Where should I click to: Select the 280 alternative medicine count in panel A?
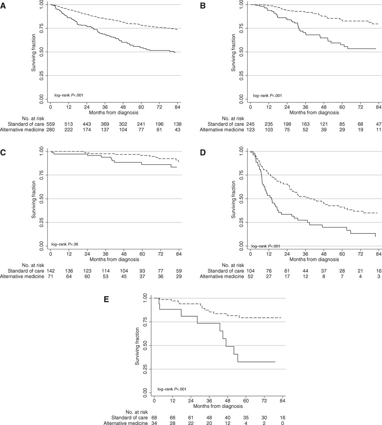click(51, 130)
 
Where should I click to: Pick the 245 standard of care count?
click(250, 124)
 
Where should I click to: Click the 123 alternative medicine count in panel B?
click(250, 130)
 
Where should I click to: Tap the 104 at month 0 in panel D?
click(250, 271)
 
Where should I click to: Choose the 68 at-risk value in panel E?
click(154, 417)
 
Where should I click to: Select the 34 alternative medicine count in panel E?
click(154, 423)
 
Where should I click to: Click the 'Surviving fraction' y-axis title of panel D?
click(234, 199)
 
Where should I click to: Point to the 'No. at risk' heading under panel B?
click(232, 118)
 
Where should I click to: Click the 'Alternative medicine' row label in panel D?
click(222, 276)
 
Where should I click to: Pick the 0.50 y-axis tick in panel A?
click(41, 52)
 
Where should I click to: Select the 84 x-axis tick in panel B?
click(378, 107)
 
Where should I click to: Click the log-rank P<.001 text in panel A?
click(69, 95)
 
